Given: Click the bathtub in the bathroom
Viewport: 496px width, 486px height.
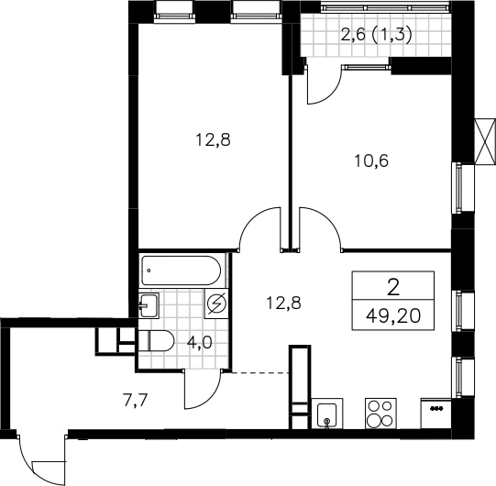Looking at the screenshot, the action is [x=182, y=271].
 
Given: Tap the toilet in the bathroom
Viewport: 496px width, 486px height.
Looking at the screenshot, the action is [x=156, y=341].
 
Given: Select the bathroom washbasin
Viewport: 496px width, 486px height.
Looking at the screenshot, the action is [x=148, y=305].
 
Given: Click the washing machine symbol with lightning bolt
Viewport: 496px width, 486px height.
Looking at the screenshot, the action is [x=216, y=304].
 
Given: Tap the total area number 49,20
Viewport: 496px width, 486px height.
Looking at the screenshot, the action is [x=393, y=315].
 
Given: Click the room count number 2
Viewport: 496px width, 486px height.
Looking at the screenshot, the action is [x=393, y=288].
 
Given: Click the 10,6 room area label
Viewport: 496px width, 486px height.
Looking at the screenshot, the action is [x=371, y=161].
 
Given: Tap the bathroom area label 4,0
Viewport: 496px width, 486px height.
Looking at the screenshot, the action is [x=200, y=343].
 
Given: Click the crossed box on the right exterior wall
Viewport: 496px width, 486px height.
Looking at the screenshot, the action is [x=485, y=141].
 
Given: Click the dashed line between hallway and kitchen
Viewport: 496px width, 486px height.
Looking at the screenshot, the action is [x=260, y=373].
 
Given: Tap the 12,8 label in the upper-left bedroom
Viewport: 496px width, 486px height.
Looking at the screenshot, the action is [x=214, y=140].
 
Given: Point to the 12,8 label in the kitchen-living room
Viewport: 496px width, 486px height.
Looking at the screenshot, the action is [x=283, y=303].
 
